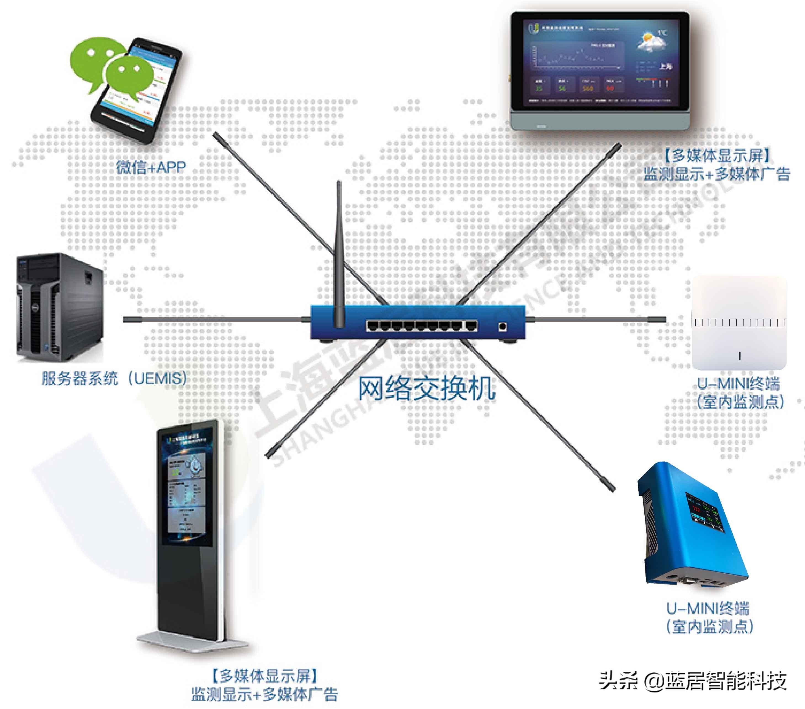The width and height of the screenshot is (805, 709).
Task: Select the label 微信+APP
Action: coord(151,168)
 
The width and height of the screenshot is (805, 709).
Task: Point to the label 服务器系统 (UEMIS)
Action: coord(114,378)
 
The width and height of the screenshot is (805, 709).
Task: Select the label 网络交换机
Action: coord(426,389)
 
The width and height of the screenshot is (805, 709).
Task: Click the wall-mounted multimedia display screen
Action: coord(599,69)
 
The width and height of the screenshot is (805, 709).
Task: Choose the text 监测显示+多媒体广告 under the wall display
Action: coord(717,173)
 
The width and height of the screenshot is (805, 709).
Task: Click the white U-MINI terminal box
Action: coord(739,323)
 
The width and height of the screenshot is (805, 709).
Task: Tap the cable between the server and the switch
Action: coord(213,320)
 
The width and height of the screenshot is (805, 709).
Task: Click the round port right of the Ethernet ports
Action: coord(502,326)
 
